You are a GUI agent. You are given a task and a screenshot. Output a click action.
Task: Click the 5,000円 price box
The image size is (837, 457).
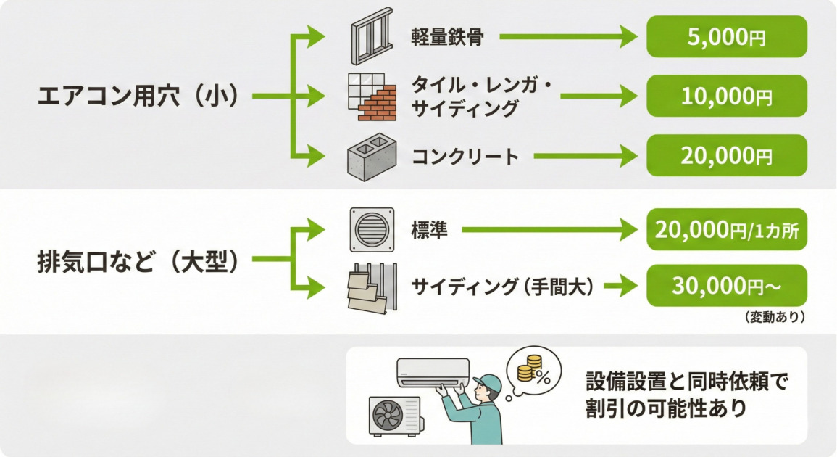[x=726, y=37]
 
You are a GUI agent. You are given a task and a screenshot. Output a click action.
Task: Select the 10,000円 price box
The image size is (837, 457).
[x=726, y=96]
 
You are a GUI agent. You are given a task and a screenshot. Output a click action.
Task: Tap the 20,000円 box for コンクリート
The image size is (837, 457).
[x=726, y=155]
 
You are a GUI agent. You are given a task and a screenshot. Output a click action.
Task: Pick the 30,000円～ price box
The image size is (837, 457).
[x=726, y=286]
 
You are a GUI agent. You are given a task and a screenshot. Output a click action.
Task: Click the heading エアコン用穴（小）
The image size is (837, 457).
[x=138, y=96]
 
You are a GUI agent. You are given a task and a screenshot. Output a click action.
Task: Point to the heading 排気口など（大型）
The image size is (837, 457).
[x=138, y=261]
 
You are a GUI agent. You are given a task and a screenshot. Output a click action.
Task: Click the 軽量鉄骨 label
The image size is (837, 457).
[x=447, y=37]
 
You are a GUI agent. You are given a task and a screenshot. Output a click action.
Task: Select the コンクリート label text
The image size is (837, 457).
[x=466, y=156]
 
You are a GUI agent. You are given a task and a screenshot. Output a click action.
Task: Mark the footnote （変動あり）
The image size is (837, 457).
[x=774, y=317]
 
